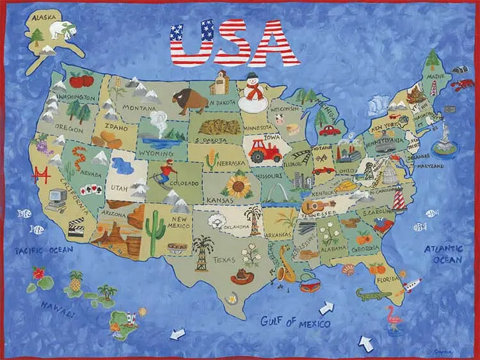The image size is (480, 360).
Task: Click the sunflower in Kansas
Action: click(x=237, y=186)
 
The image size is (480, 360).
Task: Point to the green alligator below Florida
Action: click(x=371, y=294)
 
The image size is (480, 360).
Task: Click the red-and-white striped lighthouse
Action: click(x=398, y=199)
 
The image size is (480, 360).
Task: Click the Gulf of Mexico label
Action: click(x=295, y=321)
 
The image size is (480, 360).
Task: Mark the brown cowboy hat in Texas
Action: click(x=243, y=276)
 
